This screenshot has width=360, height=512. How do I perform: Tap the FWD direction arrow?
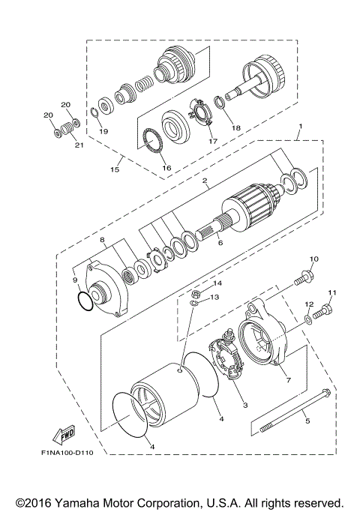65,434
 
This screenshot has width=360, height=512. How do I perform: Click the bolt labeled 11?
325,308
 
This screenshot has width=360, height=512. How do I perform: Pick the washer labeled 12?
310,320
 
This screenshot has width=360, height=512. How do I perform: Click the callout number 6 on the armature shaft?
220,244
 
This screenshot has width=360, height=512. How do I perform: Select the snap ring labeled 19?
94,113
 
